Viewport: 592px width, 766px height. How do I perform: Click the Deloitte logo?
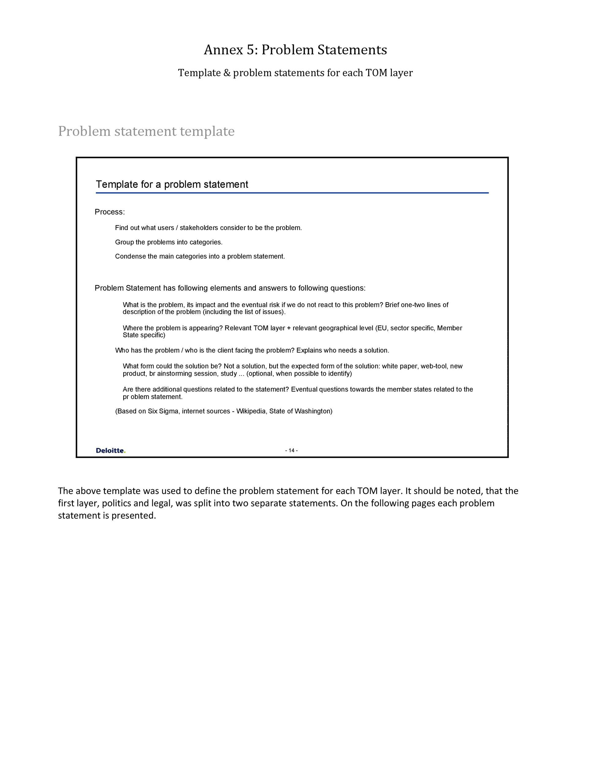pyautogui.click(x=111, y=451)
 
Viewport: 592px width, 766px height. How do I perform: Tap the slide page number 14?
pyautogui.click(x=291, y=451)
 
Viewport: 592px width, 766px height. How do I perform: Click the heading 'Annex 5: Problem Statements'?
pyautogui.click(x=295, y=50)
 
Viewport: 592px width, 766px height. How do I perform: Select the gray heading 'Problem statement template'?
pyautogui.click(x=146, y=131)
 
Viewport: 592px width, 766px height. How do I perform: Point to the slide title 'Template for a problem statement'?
pyautogui.click(x=172, y=184)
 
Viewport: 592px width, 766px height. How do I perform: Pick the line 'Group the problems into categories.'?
pyautogui.click(x=169, y=242)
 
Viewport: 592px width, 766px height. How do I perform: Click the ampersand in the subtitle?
pyautogui.click(x=226, y=73)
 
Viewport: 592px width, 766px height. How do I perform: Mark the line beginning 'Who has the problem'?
pyautogui.click(x=252, y=351)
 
